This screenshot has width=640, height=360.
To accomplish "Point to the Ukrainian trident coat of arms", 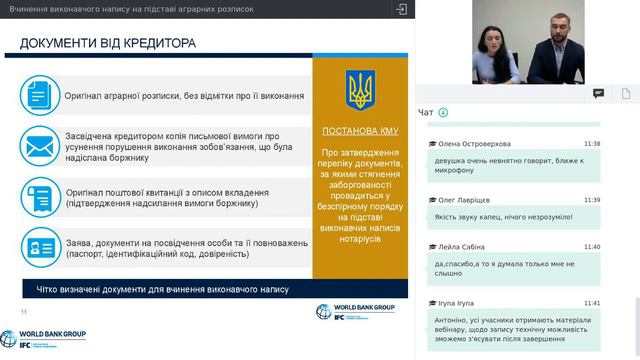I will coord(361,90).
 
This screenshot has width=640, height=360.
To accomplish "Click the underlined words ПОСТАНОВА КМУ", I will coord(361,131).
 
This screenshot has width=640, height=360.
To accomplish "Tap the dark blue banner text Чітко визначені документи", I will coord(162,290).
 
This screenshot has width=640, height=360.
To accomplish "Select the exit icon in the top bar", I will coord(401,8).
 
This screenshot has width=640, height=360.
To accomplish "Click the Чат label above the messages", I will coord(426,112).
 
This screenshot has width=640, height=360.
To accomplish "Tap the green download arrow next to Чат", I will coord(443,112).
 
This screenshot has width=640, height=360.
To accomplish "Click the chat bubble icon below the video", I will coord(599,93).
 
